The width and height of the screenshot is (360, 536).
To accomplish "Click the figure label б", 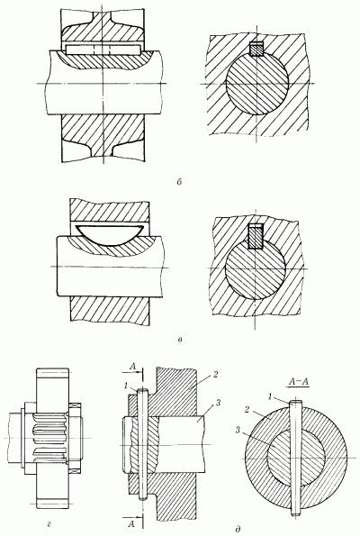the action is pos(179,182).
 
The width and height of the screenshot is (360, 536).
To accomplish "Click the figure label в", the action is pos(180,340).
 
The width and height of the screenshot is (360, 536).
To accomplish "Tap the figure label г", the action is pos(49,522).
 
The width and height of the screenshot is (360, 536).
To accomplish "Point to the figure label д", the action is pos(238,529).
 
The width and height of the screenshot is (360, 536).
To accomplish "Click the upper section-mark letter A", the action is pos(133,367).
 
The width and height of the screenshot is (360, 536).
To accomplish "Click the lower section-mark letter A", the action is pos(130,523).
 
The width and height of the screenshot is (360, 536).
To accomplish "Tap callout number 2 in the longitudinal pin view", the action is pos(215,374).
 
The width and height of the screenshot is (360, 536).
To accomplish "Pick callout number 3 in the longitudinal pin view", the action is pos(219,404).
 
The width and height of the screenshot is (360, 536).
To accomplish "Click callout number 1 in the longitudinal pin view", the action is pos(126,386).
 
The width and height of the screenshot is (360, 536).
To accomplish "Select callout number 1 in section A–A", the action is pos(270,396).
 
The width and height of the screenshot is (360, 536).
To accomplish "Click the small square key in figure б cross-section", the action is pos(256,49).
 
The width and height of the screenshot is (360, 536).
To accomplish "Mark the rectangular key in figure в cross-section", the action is pos(256,236).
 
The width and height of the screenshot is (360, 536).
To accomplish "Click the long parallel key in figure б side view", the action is pos(103,50).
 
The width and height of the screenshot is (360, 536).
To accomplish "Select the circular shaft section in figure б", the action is pos(257,84).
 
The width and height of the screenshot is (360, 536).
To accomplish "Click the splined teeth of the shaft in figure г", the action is pos(50,438).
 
